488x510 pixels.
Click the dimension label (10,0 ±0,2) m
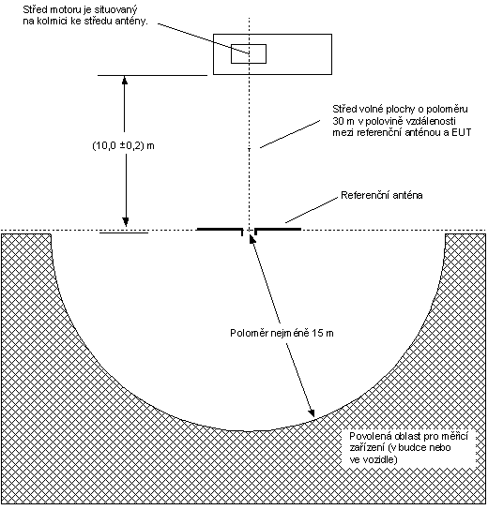coord(123,145)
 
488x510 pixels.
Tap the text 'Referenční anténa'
coord(382,195)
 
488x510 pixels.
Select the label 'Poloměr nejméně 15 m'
coord(282,333)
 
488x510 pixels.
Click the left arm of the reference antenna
coord(220,230)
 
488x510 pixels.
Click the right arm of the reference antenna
coord(278,230)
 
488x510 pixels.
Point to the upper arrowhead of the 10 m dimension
coord(125,80)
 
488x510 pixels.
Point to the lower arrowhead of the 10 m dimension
coord(126,222)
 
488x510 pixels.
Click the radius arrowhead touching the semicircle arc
coord(312,412)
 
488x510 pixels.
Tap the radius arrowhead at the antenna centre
coord(252,238)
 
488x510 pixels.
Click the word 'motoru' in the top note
coord(62,9)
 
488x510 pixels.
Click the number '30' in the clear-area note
coord(338,121)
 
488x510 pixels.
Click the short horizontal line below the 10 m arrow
coord(124,232)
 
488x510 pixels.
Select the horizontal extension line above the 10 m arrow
coord(152,75)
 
